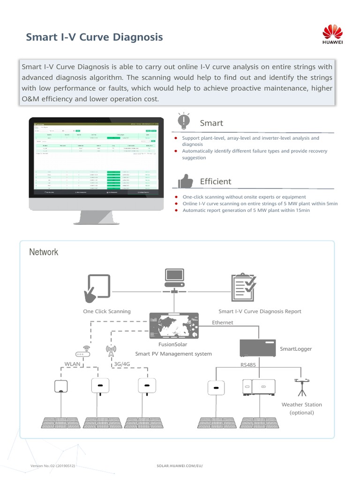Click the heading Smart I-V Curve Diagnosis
(94, 37)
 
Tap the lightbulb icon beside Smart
(184, 122)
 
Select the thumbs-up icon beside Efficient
(185, 181)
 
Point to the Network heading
(44, 252)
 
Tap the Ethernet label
(223, 322)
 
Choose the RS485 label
(248, 364)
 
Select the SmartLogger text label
(296, 349)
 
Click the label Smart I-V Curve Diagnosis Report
(260, 311)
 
